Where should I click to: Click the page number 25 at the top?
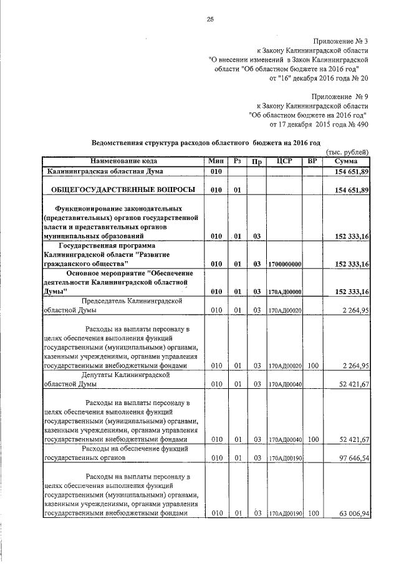[x=210, y=19]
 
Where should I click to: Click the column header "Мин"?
[x=216, y=161]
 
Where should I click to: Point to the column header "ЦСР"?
[x=284, y=161]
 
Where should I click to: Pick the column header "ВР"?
[x=313, y=161]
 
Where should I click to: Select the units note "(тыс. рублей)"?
[x=348, y=152]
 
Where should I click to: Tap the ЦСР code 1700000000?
[x=284, y=265]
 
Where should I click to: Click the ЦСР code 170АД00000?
[x=284, y=292]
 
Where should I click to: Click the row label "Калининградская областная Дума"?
[x=105, y=171]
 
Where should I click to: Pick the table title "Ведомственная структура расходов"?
[x=209, y=142]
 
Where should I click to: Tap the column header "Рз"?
[x=237, y=161]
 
